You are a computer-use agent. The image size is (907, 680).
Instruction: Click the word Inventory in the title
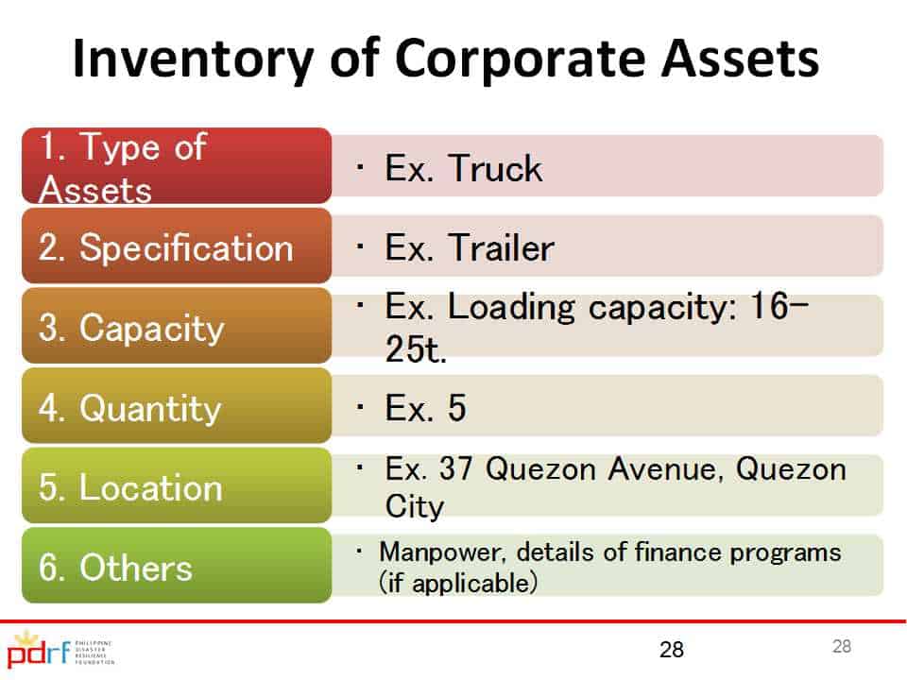click(x=194, y=59)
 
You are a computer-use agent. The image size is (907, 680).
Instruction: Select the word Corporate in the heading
click(x=520, y=59)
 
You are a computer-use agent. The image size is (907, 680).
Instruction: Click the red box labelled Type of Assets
click(x=177, y=166)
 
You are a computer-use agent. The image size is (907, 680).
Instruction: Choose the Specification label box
click(x=177, y=246)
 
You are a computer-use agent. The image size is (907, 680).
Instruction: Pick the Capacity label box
click(x=177, y=326)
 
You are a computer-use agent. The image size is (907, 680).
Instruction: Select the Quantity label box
click(x=177, y=405)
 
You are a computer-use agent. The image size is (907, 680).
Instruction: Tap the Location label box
click(x=177, y=485)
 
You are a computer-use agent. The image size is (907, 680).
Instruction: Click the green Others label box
click(x=177, y=565)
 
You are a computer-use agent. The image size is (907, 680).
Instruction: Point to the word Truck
click(x=495, y=168)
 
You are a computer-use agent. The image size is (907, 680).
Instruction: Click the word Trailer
click(x=501, y=247)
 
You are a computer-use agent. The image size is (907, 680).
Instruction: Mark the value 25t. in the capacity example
click(x=416, y=348)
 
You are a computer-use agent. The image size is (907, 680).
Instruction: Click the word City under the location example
click(x=415, y=506)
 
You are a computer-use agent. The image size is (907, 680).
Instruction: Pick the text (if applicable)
click(x=458, y=583)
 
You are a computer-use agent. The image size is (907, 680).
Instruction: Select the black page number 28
click(x=672, y=650)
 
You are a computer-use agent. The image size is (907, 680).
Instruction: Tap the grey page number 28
click(x=842, y=646)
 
